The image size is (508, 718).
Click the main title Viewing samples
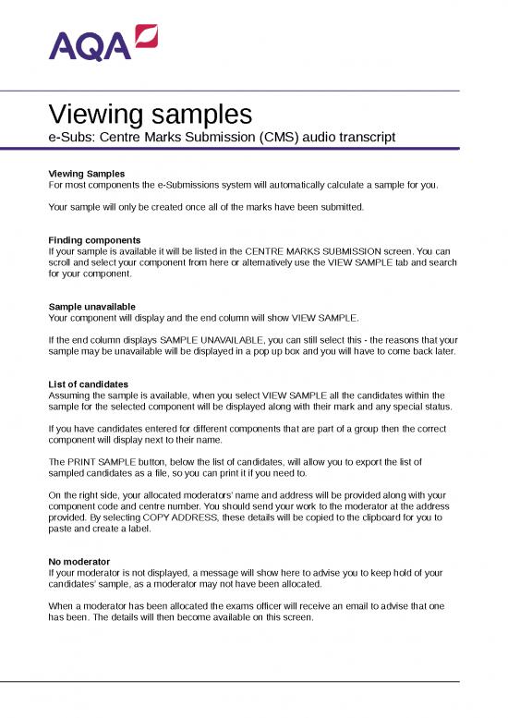150,115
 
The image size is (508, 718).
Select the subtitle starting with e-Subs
222,137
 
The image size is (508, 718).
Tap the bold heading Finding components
94,240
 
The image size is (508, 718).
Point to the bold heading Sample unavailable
91,306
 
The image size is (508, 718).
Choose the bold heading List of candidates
89,383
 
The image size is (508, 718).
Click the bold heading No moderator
79,561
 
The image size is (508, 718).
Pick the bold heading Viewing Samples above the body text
86,174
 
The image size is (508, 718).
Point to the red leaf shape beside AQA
146,36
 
